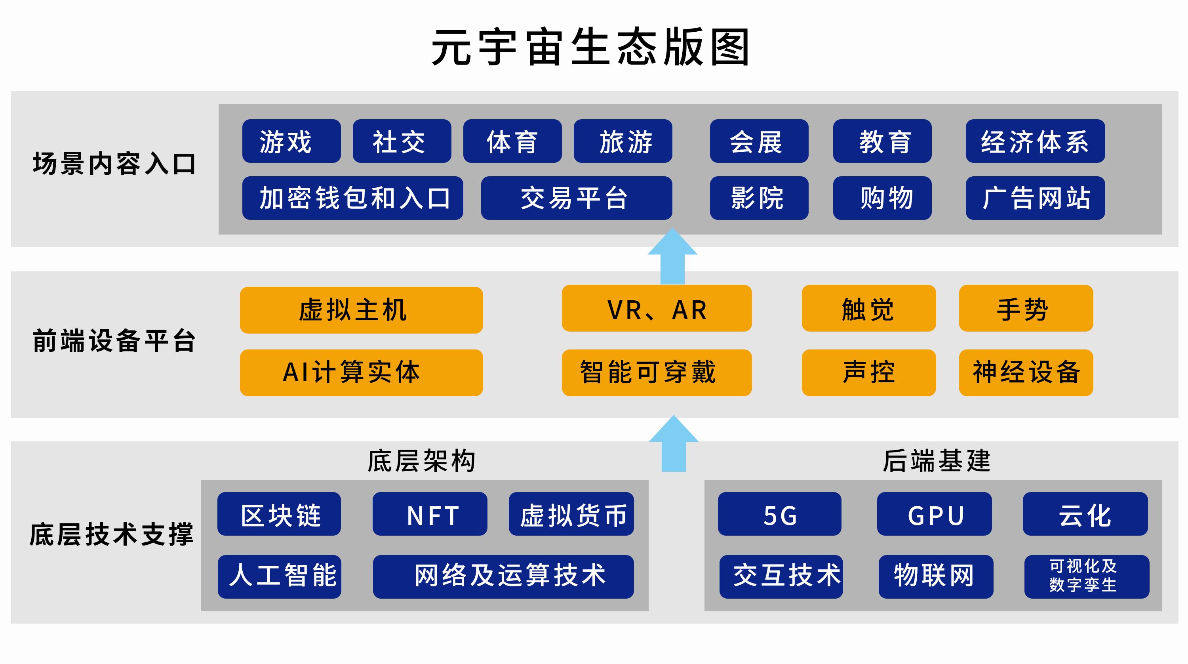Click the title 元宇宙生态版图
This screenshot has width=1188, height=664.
click(590, 47)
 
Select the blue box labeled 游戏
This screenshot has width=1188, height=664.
click(291, 141)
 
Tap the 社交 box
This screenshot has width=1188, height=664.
click(402, 141)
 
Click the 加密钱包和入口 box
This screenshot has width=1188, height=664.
click(352, 198)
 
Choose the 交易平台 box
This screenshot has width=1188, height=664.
click(576, 198)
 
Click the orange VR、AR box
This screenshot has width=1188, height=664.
click(656, 308)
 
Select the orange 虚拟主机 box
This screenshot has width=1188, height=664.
click(361, 310)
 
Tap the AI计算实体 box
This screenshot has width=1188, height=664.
click(361, 372)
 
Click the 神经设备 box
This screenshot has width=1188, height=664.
click(1026, 372)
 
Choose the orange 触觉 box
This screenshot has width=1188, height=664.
click(868, 308)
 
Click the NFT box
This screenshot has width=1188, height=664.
click(429, 513)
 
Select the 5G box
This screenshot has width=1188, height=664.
click(779, 513)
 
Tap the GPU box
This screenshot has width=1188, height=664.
click(934, 513)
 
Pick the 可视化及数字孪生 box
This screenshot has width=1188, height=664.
click(1086, 576)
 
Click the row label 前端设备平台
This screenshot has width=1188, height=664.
click(114, 341)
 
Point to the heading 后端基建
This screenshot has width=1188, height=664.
click(936, 460)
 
